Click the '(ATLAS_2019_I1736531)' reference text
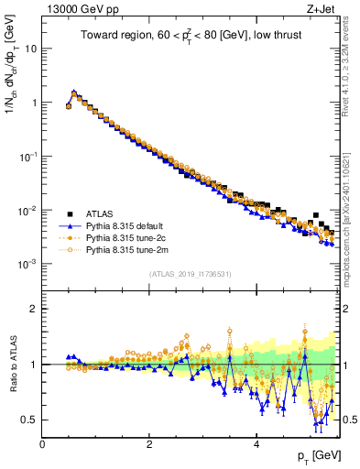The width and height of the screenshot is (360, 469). [x=191, y=274]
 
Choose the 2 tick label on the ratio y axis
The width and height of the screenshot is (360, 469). [x=33, y=309]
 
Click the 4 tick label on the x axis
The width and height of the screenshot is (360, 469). [x=256, y=443]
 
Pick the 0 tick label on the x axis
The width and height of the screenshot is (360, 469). [x=42, y=443]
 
